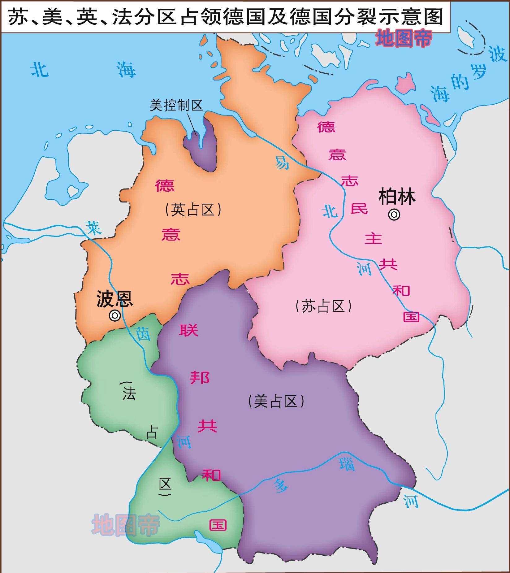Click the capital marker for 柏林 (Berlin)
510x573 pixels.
(x=394, y=215)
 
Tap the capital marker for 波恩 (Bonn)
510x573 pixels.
(x=115, y=315)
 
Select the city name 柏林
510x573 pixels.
(x=397, y=196)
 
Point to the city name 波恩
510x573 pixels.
(x=115, y=299)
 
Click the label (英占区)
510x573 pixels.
(x=193, y=210)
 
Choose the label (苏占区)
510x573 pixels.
(x=323, y=306)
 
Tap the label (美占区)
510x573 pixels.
(x=276, y=402)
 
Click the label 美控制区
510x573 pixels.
(x=176, y=105)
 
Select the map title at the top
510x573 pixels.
(x=226, y=17)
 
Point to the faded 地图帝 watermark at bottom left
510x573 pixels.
(x=126, y=525)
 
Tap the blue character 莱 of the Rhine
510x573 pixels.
(x=93, y=228)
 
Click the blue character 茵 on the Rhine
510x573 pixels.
(x=143, y=334)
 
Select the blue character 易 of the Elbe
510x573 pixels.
(x=282, y=162)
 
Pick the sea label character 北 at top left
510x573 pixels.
(x=39, y=70)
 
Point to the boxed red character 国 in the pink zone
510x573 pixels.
(x=411, y=317)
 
